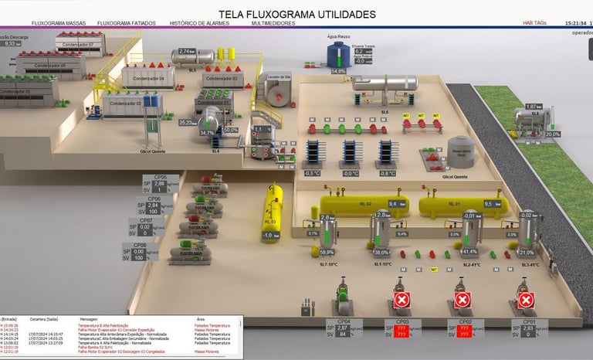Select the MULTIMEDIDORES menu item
tap(273, 23)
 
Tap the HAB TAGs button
tap(534, 23)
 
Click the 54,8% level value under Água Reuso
tap(338, 71)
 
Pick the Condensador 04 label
tap(151, 79)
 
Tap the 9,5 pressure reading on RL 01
tap(488, 204)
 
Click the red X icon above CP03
tap(401, 300)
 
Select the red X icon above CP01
tap(526, 300)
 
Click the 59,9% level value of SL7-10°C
tap(327, 252)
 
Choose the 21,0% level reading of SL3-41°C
tap(527, 252)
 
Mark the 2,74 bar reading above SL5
tap(185, 51)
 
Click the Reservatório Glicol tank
tap(461, 151)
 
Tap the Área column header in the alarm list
tap(200, 318)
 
